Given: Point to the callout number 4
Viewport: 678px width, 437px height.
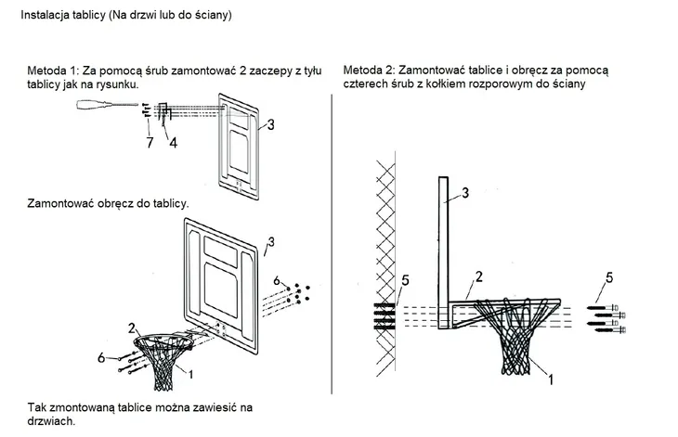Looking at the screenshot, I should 173,142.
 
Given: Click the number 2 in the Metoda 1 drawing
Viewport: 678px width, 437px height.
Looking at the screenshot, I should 133,327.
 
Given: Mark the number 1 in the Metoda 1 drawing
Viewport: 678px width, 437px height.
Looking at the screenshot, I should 191,375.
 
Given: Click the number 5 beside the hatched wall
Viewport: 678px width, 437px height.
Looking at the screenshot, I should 405,279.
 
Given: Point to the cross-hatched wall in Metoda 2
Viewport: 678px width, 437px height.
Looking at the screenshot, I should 384,251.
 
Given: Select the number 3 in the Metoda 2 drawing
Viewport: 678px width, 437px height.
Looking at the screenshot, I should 467,192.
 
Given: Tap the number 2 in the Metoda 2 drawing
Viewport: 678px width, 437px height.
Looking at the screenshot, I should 477,276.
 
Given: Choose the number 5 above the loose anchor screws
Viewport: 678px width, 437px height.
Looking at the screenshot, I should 609,276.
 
